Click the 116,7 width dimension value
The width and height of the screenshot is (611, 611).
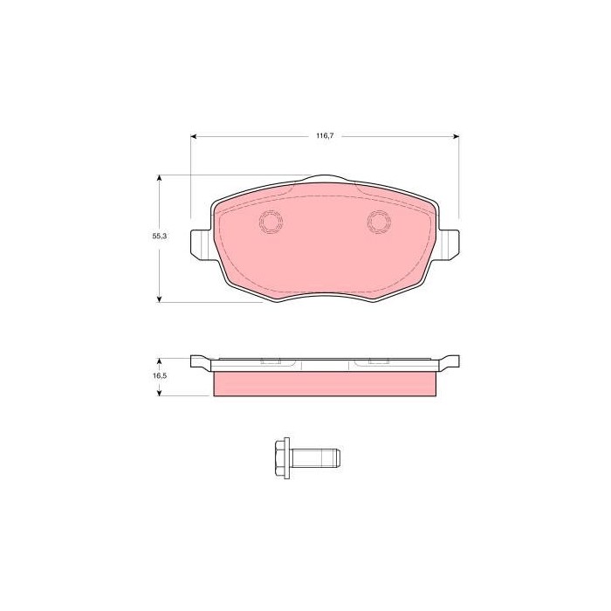click(325, 136)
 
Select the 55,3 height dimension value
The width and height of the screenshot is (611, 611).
click(160, 237)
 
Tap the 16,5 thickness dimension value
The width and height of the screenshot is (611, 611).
click(160, 376)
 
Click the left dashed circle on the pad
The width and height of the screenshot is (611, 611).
click(271, 222)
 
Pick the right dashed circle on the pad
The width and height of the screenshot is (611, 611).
click(379, 222)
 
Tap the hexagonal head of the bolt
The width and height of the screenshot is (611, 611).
click(280, 458)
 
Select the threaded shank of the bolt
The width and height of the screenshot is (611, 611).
click(316, 458)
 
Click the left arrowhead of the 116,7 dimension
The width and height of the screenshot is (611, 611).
click(194, 136)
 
